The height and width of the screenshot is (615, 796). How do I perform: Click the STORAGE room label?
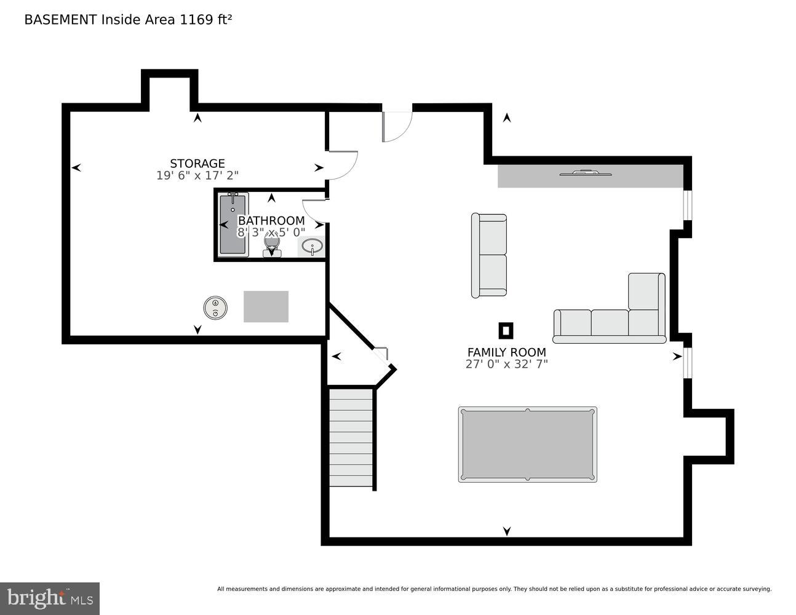tap(197, 164)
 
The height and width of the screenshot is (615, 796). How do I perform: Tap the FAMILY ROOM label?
tap(506, 352)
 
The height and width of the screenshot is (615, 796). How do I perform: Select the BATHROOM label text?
tap(271, 221)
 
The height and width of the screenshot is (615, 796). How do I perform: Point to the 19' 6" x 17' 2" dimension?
tap(197, 176)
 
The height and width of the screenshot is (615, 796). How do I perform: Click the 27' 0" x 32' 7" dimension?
tap(506, 364)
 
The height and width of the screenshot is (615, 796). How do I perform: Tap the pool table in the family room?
tap(527, 445)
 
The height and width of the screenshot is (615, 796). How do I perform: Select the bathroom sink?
tap(312, 247)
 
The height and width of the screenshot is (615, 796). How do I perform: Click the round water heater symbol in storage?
tap(215, 307)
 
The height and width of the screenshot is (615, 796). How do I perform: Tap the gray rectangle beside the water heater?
tap(266, 306)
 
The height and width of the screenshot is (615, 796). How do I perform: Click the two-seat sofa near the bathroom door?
tap(489, 256)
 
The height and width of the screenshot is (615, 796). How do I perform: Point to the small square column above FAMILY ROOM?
tap(506, 331)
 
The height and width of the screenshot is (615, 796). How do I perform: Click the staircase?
tap(351, 437)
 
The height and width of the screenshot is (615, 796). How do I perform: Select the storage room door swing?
tap(341, 164)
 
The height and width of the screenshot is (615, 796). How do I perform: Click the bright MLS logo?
tap(50, 598)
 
